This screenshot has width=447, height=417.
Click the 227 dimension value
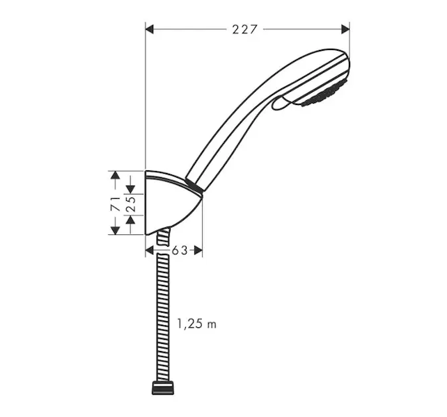point(245,29)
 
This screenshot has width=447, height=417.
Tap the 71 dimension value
point(116,203)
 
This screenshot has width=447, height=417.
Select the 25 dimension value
point(131,204)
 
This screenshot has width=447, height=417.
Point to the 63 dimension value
point(180,250)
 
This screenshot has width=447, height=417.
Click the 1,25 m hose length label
point(197,324)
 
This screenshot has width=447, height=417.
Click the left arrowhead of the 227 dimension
point(150,29)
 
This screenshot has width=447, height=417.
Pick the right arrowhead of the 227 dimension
point(345,29)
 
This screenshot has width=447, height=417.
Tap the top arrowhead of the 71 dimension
point(115,175)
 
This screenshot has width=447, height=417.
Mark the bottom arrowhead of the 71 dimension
point(115,231)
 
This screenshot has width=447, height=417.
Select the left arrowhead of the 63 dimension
point(150,250)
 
